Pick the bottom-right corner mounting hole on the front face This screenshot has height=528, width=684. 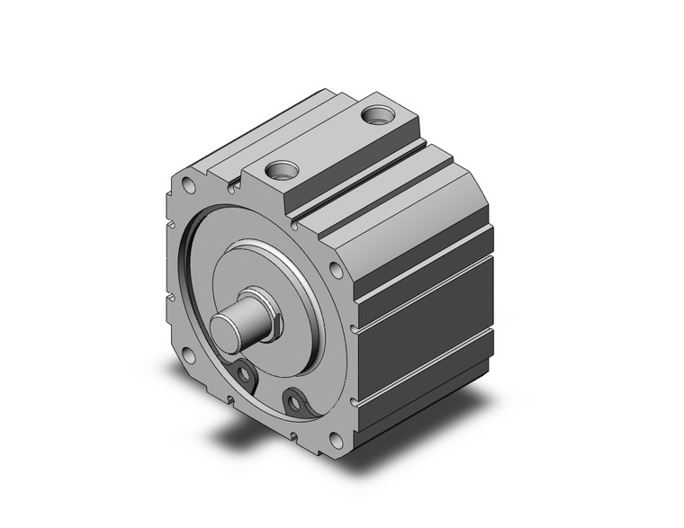click(336, 439)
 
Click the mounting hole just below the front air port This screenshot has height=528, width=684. click(336, 270)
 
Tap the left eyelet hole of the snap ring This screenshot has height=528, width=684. click(242, 374)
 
